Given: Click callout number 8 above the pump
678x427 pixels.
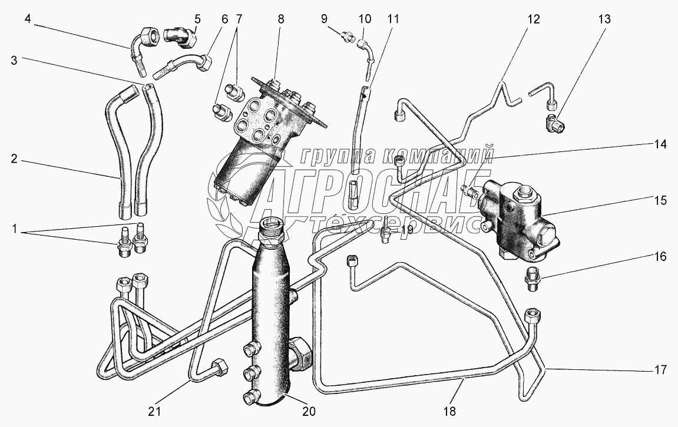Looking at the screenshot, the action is coord(280,19).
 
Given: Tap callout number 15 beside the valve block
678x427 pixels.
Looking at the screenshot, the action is coord(660,200).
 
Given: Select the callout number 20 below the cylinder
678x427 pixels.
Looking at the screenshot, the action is coord(309,411).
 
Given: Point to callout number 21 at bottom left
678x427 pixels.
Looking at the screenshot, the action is coord(154,411).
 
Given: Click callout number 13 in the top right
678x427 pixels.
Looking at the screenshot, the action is coord(604,19).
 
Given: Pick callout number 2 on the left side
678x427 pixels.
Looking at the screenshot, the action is coord(14,159).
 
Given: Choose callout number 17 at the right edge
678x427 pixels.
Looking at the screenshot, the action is coord(660,370).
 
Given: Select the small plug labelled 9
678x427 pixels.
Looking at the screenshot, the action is coord(347,36).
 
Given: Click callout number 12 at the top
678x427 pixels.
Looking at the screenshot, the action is coord(534,19).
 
